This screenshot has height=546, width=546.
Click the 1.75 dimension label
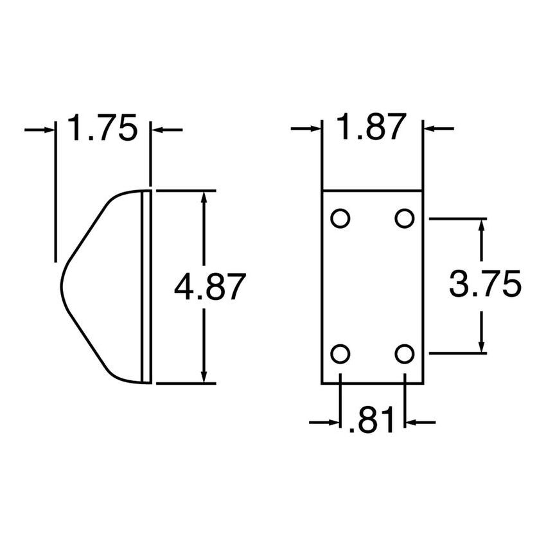(102, 128)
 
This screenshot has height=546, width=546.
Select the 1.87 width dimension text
(372, 128)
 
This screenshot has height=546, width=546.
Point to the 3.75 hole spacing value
(484, 285)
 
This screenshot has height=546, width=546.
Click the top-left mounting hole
(340, 218)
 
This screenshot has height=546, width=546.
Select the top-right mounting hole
(404, 218)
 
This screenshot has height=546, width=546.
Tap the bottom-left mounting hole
(340, 353)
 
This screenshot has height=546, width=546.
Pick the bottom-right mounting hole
(404, 353)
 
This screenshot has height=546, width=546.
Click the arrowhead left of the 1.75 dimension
(48, 130)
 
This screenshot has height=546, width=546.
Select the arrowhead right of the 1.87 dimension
(430, 130)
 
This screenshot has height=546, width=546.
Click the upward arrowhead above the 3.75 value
(481, 226)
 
